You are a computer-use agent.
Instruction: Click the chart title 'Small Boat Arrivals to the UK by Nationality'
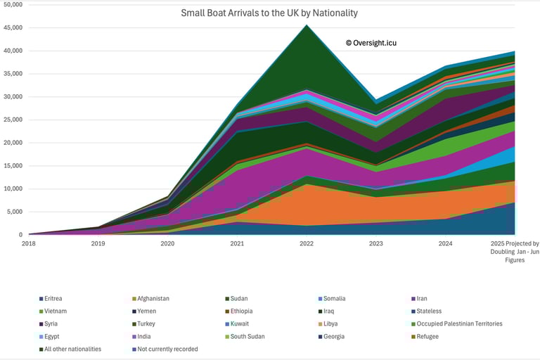(x=269, y=13)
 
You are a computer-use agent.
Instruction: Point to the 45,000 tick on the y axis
(x=13, y=27)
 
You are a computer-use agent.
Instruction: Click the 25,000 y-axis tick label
(x=13, y=120)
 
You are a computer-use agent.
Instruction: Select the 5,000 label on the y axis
(x=15, y=212)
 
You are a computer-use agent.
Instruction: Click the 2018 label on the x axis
(x=28, y=243)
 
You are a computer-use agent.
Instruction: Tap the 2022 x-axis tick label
(x=307, y=243)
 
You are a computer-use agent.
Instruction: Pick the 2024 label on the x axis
(x=446, y=243)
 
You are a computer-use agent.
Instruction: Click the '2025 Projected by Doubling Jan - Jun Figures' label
(x=515, y=252)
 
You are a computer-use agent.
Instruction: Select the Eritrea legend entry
(x=57, y=299)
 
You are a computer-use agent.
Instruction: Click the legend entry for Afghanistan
(x=152, y=299)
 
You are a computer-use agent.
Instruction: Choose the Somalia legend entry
(x=333, y=299)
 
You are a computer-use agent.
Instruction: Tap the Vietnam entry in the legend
(x=58, y=311)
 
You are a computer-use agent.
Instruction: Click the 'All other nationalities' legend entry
(x=73, y=349)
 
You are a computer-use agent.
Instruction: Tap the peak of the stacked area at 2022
(x=307, y=25)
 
